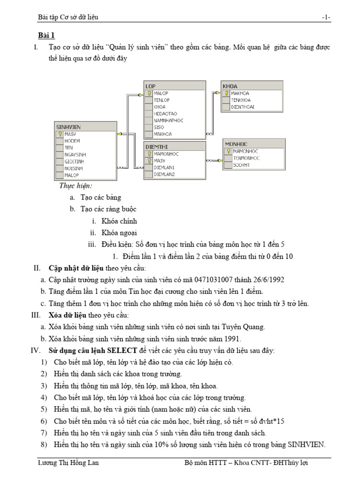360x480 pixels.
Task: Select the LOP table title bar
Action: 174,86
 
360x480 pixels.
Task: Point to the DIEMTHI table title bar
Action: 174,147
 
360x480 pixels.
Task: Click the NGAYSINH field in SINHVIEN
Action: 75,154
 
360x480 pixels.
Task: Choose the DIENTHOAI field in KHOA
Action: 243,107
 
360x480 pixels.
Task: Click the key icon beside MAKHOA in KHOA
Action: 226,93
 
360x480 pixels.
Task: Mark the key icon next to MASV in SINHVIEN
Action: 60,134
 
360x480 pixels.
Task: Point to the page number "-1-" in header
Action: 326,17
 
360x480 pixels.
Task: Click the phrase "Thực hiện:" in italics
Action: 75,186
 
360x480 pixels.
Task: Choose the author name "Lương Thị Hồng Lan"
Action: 68,463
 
